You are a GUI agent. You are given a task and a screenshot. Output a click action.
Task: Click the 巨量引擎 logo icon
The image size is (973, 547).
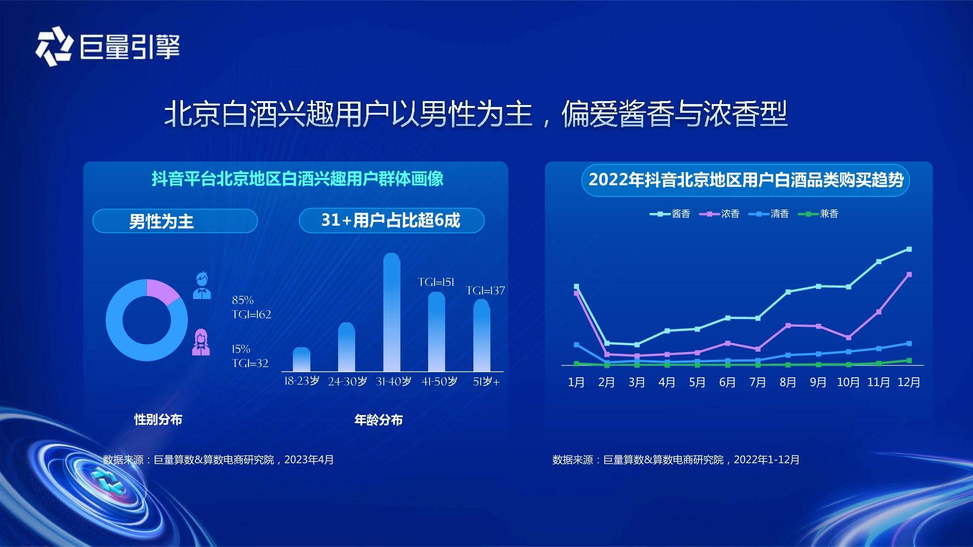click(x=54, y=47)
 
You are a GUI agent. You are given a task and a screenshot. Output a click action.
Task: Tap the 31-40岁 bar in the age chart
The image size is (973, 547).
click(x=392, y=312)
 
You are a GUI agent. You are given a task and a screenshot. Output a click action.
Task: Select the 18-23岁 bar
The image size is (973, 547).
click(x=302, y=359)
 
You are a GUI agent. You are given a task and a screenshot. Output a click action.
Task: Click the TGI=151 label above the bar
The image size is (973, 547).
click(x=436, y=282)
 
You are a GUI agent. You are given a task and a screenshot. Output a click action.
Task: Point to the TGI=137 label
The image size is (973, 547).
click(x=486, y=291)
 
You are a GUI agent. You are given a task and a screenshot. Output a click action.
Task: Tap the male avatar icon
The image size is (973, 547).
click(x=202, y=285)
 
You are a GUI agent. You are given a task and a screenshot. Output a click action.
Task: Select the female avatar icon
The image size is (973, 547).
click(x=201, y=342)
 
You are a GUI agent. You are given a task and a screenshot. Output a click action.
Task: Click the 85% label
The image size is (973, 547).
click(x=243, y=300)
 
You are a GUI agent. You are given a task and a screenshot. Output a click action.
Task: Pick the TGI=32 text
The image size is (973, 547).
click(x=250, y=363)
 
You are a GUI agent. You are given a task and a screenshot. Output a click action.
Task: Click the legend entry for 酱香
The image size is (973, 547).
click(x=670, y=214)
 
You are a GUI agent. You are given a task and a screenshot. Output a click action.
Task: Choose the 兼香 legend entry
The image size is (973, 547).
click(x=818, y=214)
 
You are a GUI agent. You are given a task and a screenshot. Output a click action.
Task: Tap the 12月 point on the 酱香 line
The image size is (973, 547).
click(x=909, y=249)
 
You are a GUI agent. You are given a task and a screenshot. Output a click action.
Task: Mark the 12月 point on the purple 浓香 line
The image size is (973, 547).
click(x=909, y=275)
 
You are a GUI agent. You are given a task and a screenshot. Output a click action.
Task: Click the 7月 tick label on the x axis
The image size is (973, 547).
click(x=757, y=382)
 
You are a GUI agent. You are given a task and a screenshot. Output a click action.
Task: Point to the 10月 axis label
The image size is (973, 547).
click(x=848, y=382)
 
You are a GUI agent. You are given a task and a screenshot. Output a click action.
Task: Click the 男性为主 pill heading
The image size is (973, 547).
click(x=161, y=222)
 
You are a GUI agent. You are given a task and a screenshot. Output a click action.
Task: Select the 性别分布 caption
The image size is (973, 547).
click(x=158, y=419)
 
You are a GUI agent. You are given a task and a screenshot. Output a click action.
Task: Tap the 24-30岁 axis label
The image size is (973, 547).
click(x=347, y=382)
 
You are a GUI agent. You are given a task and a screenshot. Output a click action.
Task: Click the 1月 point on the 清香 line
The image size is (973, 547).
click(x=577, y=345)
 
